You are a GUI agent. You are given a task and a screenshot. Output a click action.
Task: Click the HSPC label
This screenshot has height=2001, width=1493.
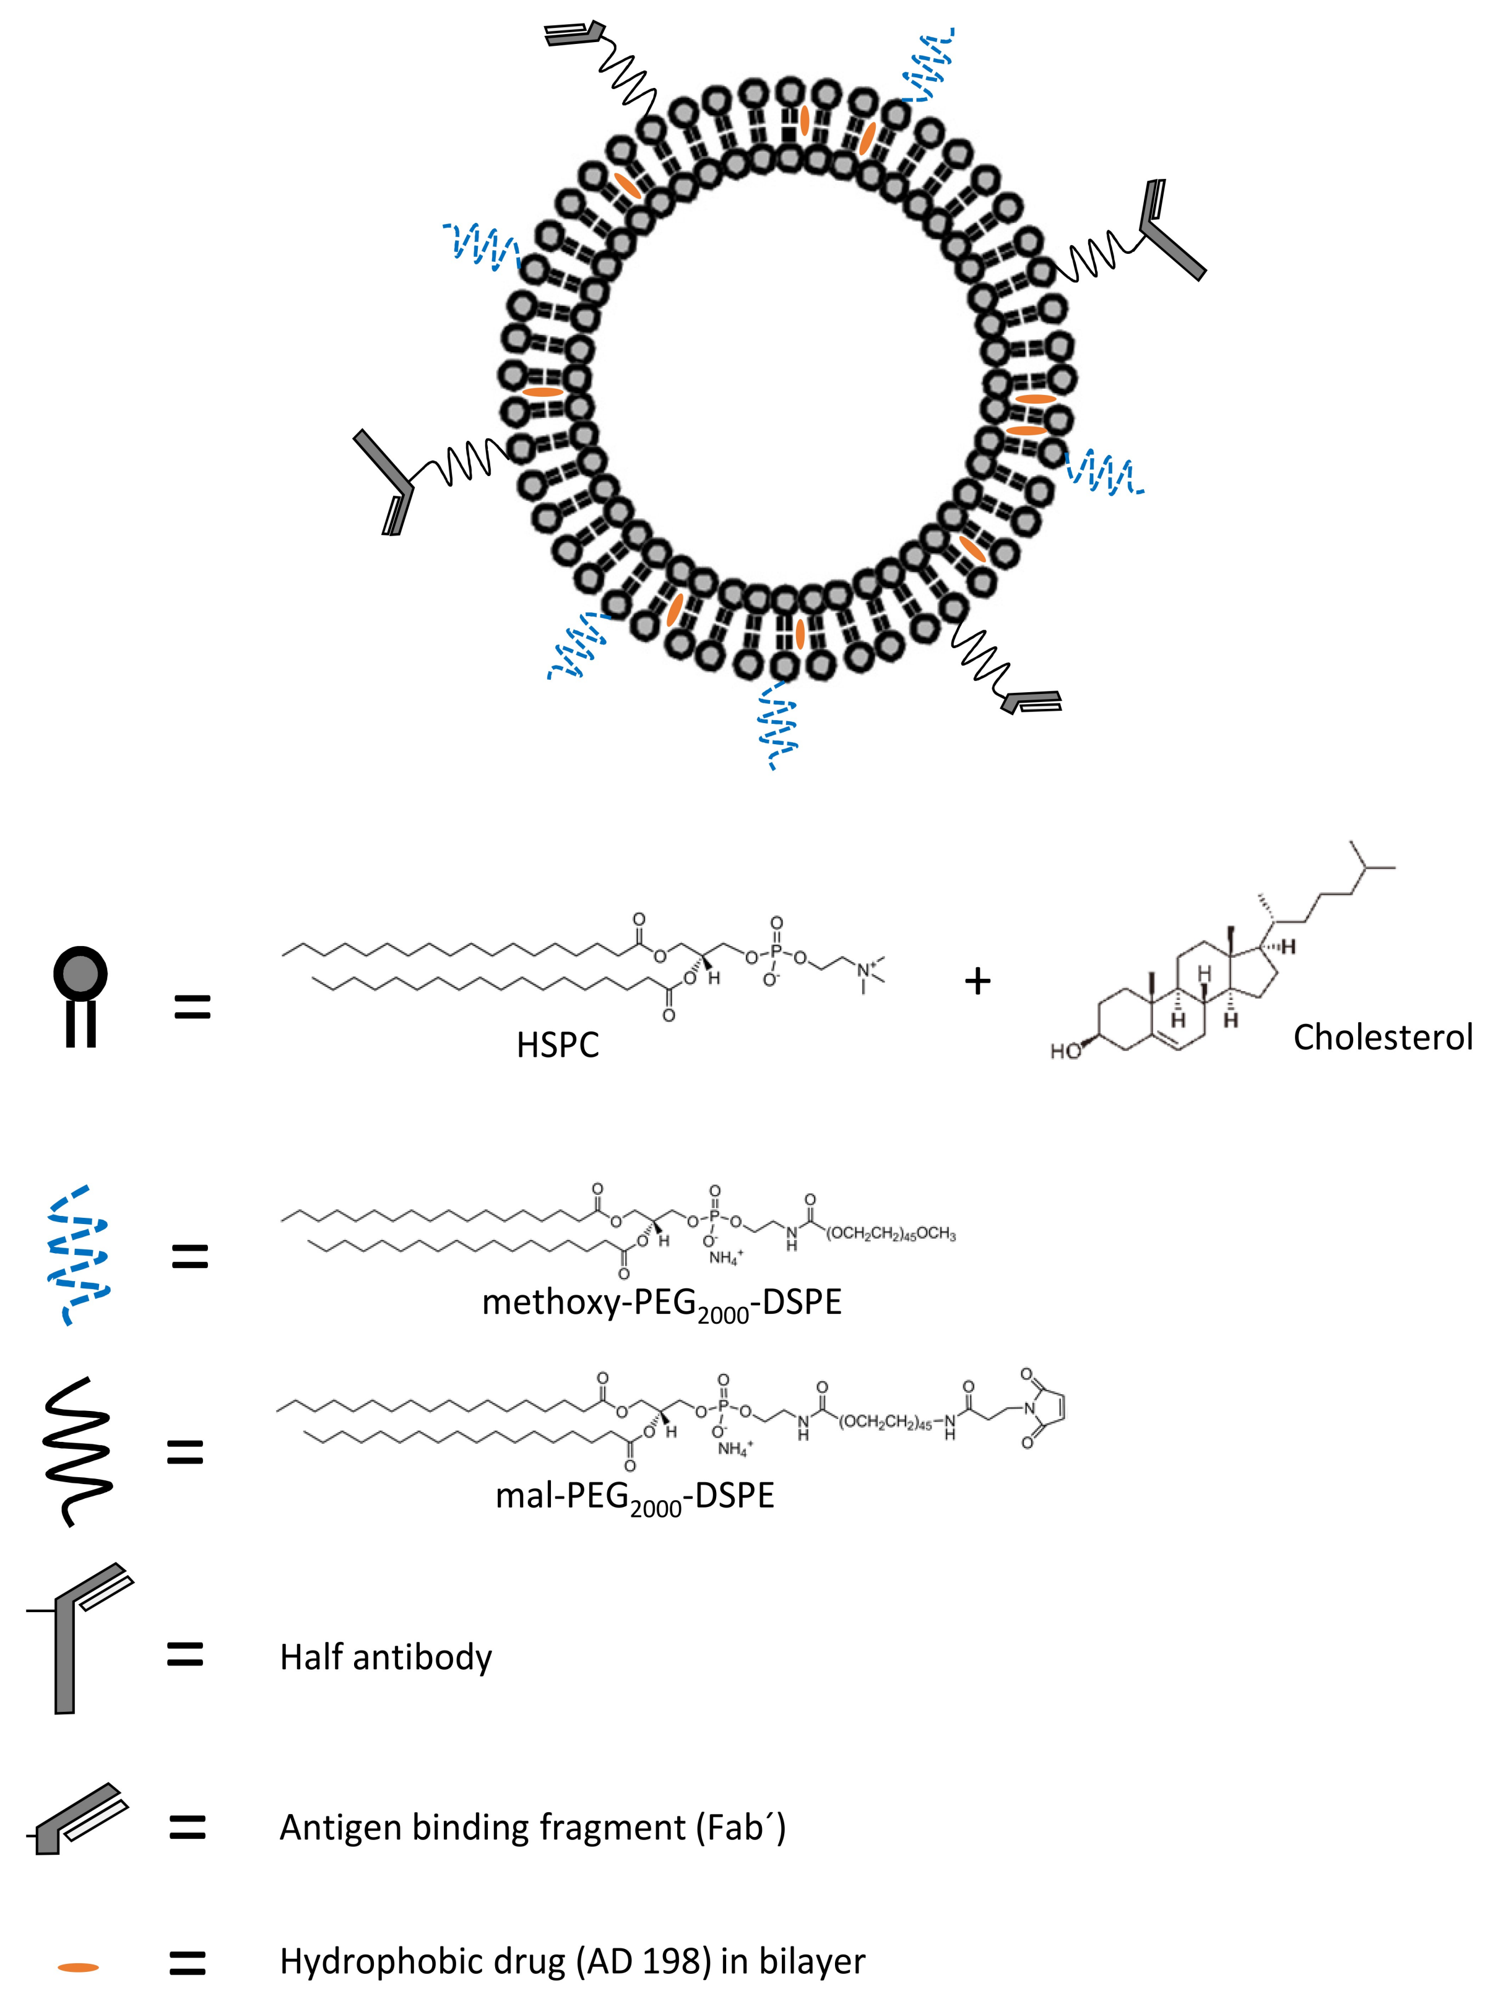pos(558,1045)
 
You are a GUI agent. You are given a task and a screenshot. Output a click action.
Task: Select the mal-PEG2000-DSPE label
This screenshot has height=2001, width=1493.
pos(634,1496)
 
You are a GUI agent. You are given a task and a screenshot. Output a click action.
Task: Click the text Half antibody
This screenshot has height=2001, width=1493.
pos(386,1657)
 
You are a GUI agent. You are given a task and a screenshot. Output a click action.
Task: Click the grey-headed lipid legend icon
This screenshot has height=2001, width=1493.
pos(80,994)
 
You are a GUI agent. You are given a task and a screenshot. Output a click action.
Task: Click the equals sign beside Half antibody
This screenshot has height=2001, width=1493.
pos(185,1655)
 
